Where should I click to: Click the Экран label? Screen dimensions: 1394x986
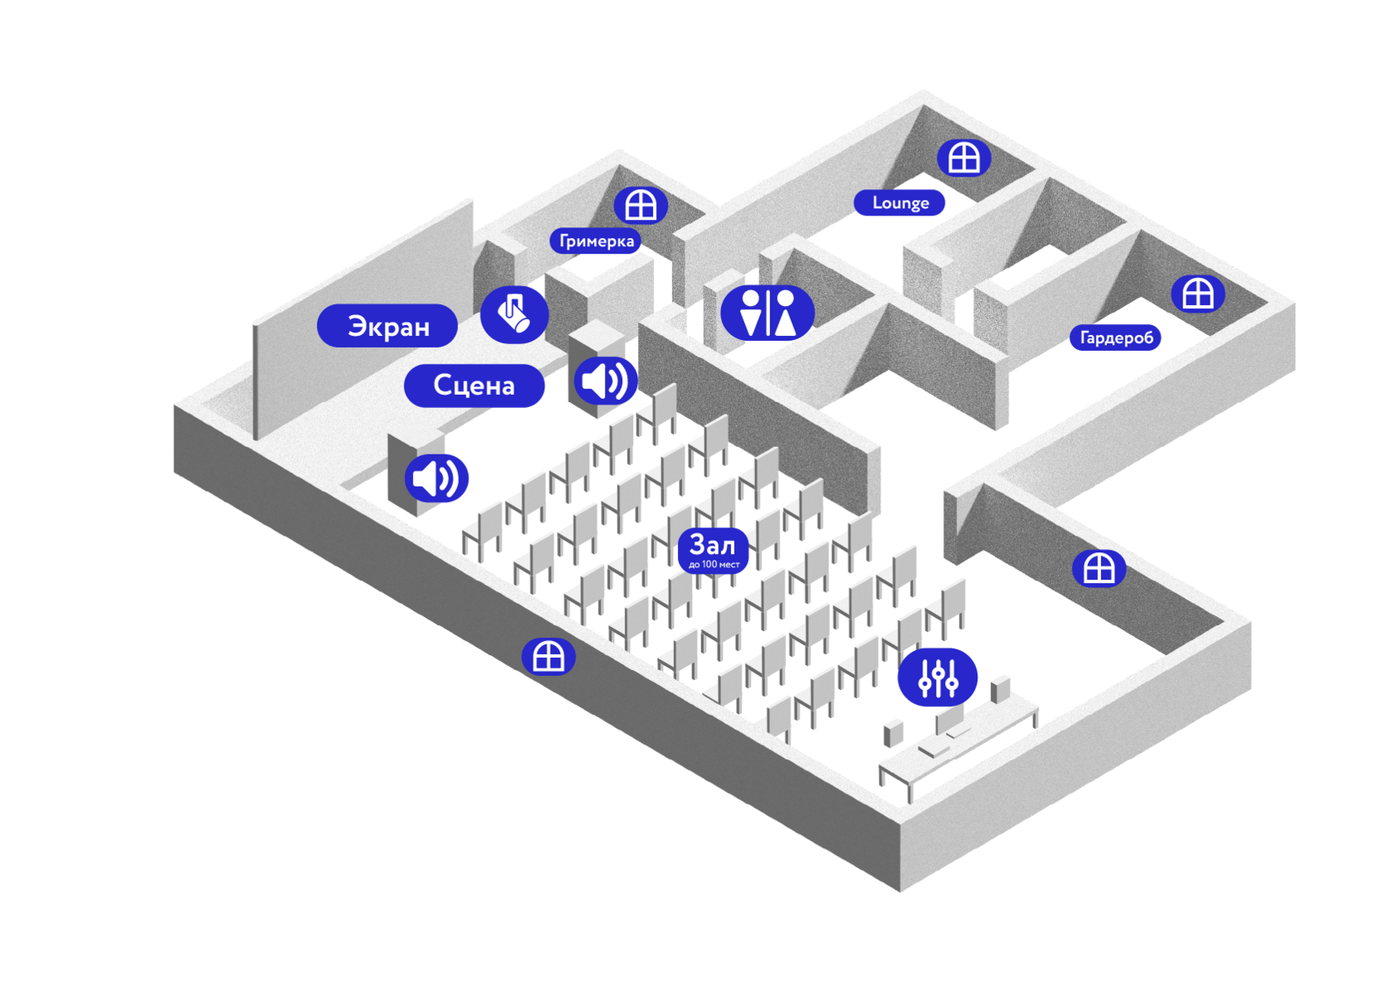click(387, 325)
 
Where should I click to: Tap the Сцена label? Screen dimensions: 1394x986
click(474, 385)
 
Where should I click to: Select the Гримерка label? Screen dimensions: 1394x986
click(596, 240)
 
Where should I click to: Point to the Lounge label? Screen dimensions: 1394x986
click(899, 203)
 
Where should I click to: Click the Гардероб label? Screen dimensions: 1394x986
click(1115, 338)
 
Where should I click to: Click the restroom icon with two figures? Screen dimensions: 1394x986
click(768, 313)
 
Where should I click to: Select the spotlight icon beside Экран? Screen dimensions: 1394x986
click(514, 314)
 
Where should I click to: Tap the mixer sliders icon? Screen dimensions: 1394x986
click(938, 678)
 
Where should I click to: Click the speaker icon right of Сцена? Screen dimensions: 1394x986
click(606, 381)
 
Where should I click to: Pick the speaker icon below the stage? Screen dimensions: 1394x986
click(436, 478)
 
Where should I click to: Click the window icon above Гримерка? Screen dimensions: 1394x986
click(641, 206)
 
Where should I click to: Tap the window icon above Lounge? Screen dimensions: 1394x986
click(964, 158)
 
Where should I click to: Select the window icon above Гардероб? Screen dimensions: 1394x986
click(1198, 294)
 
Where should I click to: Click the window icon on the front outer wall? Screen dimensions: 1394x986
click(548, 656)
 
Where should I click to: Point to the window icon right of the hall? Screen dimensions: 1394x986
click(1099, 568)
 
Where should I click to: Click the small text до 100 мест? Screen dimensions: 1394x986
click(714, 565)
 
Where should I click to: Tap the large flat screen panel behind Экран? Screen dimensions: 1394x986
click(363, 319)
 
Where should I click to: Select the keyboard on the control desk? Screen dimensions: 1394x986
click(934, 749)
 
